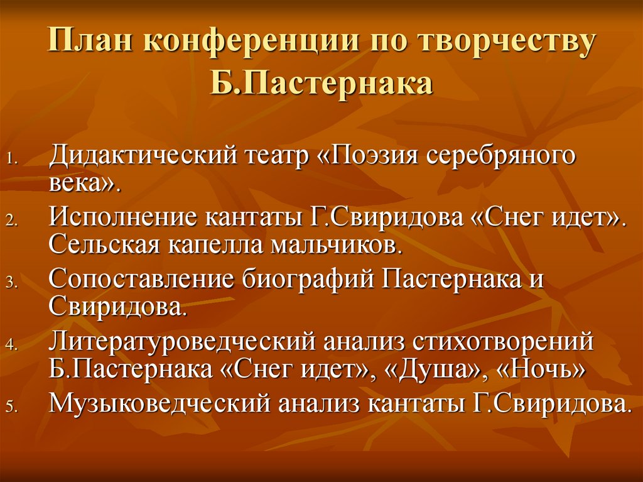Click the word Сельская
[105, 244]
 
